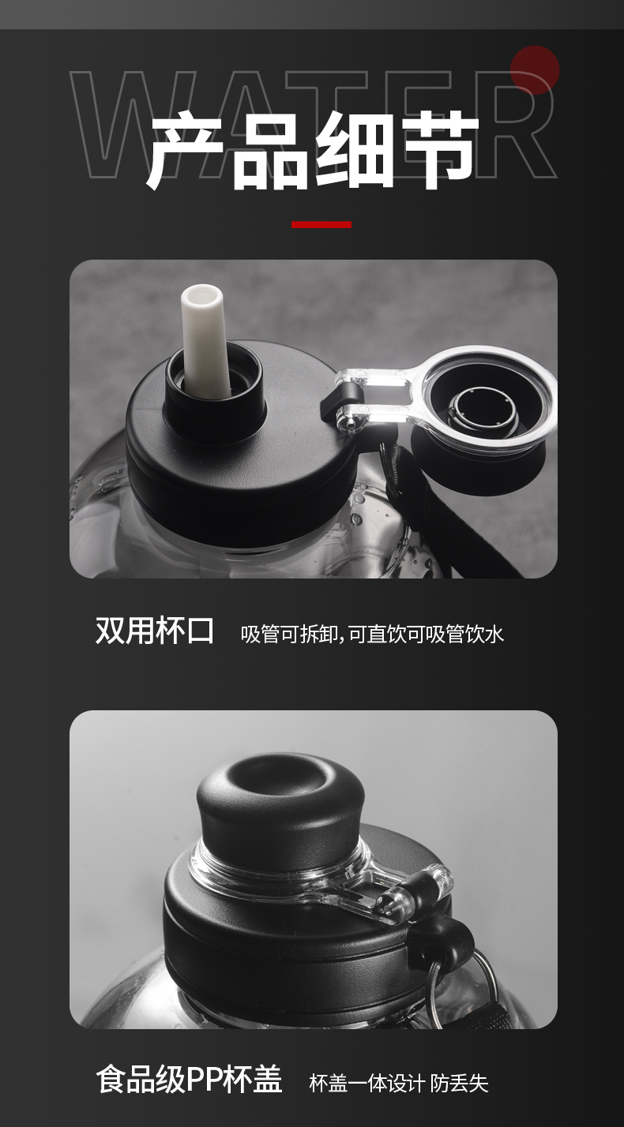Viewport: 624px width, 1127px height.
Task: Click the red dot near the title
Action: (x=535, y=70)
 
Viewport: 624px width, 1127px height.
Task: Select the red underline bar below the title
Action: (x=321, y=224)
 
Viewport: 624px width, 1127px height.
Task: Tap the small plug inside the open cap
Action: (x=475, y=410)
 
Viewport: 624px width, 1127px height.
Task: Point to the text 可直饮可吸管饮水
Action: (x=426, y=634)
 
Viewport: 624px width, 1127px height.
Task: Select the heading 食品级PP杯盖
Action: (x=190, y=1080)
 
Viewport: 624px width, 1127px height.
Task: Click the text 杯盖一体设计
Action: (x=367, y=1083)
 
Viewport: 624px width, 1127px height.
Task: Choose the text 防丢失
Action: (x=460, y=1083)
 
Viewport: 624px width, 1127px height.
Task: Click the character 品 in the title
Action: (x=270, y=150)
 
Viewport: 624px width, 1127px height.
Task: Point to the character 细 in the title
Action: (x=353, y=150)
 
